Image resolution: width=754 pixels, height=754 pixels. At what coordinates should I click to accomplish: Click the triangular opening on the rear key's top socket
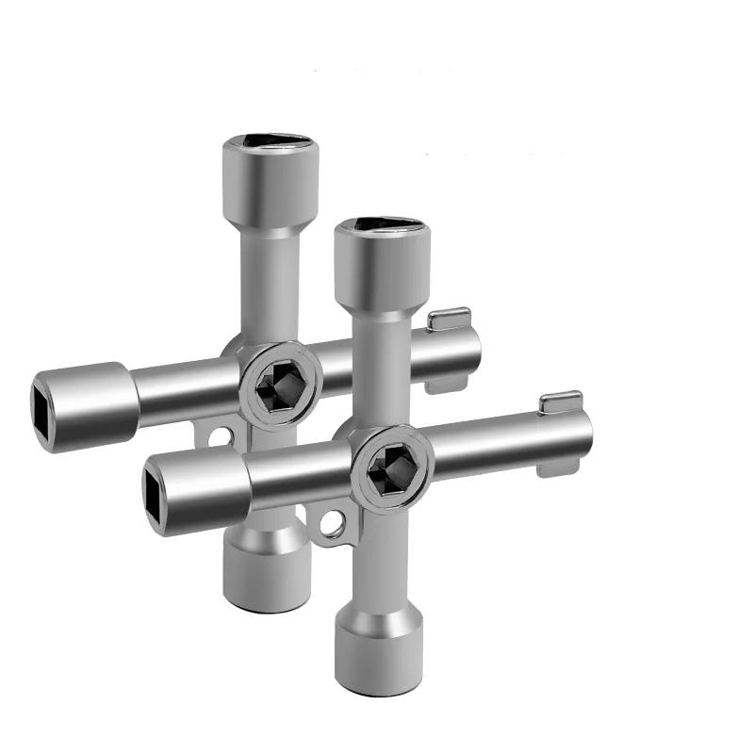267,142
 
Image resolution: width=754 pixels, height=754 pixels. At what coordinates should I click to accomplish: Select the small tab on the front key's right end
560,402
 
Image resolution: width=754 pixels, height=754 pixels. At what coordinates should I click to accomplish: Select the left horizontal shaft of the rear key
184,388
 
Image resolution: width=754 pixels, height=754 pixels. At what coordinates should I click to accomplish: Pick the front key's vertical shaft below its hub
382,556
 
